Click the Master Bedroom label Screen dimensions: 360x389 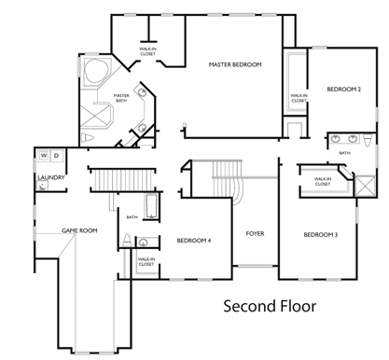(x=234, y=64)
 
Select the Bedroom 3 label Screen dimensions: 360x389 (x=320, y=234)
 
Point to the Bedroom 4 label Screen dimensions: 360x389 (x=194, y=241)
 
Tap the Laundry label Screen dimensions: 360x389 (x=49, y=176)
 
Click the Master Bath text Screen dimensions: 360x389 (x=121, y=97)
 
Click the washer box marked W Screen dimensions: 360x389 (x=43, y=155)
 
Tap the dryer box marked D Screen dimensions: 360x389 (x=55, y=155)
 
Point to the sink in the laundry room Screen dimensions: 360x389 (x=43, y=187)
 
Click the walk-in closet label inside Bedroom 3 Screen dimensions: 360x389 (x=323, y=182)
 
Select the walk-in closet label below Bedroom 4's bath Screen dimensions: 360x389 (x=146, y=262)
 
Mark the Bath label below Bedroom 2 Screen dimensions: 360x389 (x=344, y=153)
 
